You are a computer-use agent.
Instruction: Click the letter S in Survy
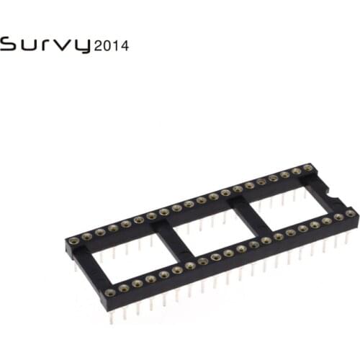[9, 45]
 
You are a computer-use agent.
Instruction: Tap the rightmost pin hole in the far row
[308, 168]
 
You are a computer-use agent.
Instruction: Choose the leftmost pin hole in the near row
[112, 291]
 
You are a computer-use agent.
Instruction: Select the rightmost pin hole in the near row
[350, 213]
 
